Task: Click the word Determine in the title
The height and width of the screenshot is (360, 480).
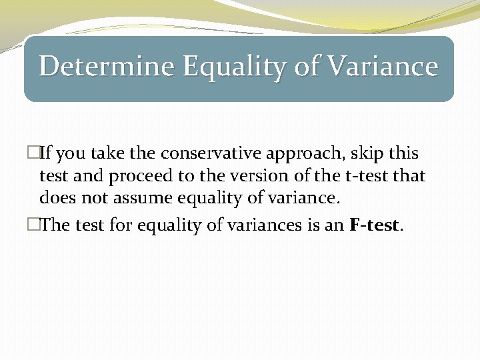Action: tap(107, 67)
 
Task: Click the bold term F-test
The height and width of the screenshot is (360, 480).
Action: tap(375, 225)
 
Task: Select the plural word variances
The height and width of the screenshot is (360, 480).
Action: tap(268, 225)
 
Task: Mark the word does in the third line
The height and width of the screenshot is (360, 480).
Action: tap(55, 198)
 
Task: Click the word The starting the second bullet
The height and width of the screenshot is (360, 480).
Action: tap(55, 225)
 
